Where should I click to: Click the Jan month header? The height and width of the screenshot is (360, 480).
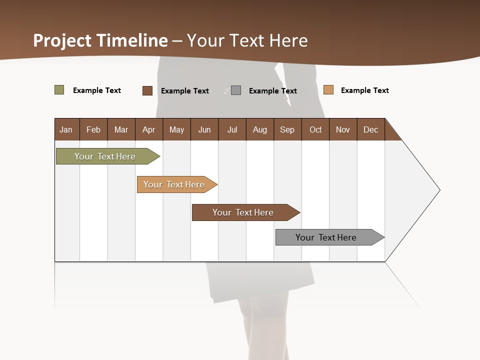[66, 129]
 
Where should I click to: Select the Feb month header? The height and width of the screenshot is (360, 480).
[93, 129]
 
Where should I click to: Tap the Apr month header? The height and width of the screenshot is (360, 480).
[148, 129]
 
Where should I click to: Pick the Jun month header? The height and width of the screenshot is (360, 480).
[204, 129]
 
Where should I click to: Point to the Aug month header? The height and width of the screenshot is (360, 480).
[260, 129]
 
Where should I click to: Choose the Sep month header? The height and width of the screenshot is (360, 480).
[287, 129]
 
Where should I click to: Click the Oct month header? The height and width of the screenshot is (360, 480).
[315, 129]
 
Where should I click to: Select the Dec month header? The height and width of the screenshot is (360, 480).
[370, 129]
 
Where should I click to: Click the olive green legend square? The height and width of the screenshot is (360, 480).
[59, 90]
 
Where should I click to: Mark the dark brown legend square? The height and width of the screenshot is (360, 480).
[147, 90]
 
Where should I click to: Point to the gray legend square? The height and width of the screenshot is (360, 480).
[236, 90]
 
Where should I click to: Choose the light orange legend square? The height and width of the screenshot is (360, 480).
[328, 90]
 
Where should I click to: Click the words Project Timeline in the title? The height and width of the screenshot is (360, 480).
[100, 40]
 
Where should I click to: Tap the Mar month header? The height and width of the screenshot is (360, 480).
[121, 129]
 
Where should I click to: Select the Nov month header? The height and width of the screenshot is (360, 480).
[343, 129]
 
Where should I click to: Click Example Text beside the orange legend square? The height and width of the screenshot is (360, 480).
[364, 90]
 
